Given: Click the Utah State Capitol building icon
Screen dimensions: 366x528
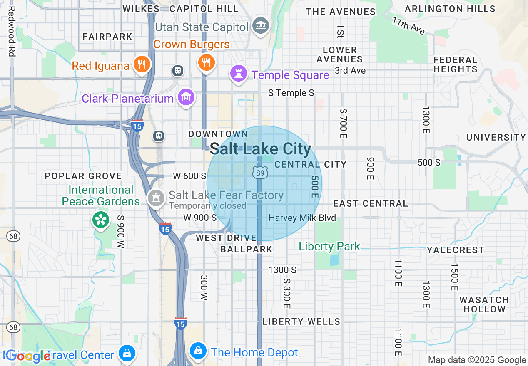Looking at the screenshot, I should coord(261,26).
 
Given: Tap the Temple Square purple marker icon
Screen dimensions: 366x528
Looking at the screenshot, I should coord(239,74).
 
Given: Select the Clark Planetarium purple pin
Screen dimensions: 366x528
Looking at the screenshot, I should coord(186,97).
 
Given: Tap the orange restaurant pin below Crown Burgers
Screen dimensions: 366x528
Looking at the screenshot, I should coord(206,63).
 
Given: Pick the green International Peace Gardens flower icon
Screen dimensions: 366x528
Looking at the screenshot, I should coord(101,220).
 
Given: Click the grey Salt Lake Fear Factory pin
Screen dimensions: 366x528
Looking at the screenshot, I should coord(156,198).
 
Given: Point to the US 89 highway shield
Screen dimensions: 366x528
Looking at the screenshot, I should coord(259,171).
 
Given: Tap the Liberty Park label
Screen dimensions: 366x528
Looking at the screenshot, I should coord(329,246).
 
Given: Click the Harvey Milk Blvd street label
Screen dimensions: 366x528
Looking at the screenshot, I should coord(302,218).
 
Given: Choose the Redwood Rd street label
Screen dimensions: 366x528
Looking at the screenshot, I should coord(11,31).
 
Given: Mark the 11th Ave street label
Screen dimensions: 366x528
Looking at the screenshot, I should coord(408,26).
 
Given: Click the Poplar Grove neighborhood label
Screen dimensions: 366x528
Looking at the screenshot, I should coord(83,176).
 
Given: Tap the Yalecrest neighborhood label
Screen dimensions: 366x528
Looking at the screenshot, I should coord(455,250).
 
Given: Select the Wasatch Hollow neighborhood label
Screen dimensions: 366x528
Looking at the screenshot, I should coord(484,304).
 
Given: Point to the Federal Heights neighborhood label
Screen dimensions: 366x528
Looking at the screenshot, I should coord(455,64).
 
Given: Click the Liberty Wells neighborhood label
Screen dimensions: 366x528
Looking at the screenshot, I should coord(301,321).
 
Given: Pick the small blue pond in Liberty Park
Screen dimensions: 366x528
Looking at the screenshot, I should coord(334,260).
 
